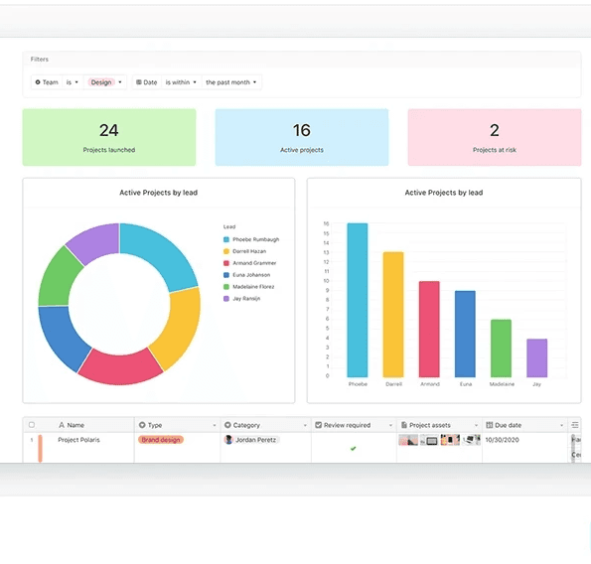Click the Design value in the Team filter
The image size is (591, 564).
101,82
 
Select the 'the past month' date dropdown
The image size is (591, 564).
230,82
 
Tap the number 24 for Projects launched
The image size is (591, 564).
109,130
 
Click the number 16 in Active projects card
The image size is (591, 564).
302,130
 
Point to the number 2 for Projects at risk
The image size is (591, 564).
494,130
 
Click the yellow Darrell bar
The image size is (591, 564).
393,314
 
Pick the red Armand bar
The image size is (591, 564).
429,329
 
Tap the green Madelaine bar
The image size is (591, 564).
501,348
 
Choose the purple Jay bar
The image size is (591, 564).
536,357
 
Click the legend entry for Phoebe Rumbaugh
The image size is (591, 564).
256,239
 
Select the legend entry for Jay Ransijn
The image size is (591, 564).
248,298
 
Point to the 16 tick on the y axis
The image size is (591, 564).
326,224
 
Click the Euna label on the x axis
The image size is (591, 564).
465,383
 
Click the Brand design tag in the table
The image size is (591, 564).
161,439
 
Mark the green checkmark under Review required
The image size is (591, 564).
353,448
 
